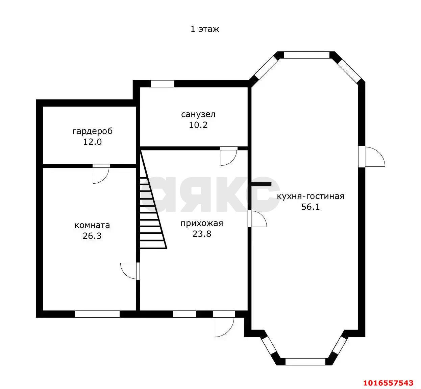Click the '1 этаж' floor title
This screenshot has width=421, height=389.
pyautogui.click(x=204, y=29)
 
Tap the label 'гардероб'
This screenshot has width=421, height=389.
pyautogui.click(x=93, y=131)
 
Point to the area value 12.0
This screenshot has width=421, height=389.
pyautogui.click(x=93, y=142)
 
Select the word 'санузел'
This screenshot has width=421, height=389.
pyautogui.click(x=198, y=114)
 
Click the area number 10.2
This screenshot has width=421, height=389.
pyautogui.click(x=198, y=125)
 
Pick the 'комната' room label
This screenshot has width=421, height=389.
pyautogui.click(x=92, y=225)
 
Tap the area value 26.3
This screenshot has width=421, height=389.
pyautogui.click(x=92, y=236)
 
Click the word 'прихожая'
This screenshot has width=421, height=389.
pyautogui.click(x=202, y=223)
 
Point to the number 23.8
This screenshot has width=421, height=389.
pyautogui.click(x=202, y=234)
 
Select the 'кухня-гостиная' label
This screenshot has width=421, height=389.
pyautogui.click(x=311, y=196)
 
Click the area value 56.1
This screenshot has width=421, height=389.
pyautogui.click(x=311, y=207)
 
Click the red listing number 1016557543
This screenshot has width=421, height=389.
pyautogui.click(x=388, y=383)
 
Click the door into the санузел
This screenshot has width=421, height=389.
pyautogui.click(x=229, y=156)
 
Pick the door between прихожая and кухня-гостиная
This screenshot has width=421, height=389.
pyautogui.click(x=257, y=219)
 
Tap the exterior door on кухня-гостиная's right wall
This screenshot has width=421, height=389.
pyautogui.click(x=372, y=157)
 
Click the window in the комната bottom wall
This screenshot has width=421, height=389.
pyautogui.click(x=97, y=314)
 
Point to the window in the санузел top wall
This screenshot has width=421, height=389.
pyautogui.click(x=163, y=84)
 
